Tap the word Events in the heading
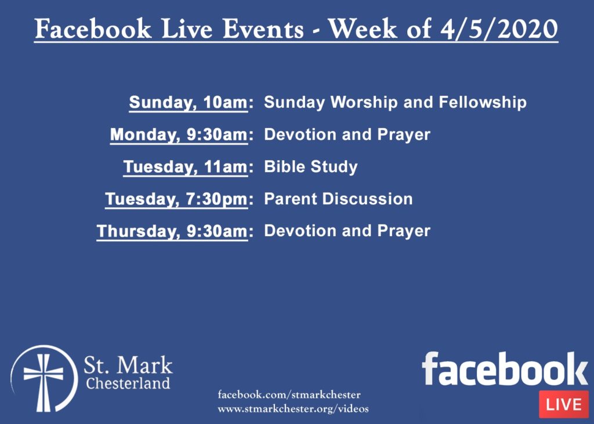click(x=263, y=28)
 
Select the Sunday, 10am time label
click(x=189, y=103)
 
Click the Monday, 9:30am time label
click(x=179, y=135)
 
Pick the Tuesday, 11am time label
click(x=186, y=167)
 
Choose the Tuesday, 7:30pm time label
click(x=176, y=200)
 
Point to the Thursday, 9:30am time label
click(x=172, y=231)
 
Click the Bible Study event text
click(x=311, y=167)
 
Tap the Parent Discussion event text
click(x=338, y=199)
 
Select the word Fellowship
click(x=483, y=103)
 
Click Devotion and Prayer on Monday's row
click(x=347, y=135)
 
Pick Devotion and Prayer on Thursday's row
click(x=347, y=231)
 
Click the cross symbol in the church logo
click(x=44, y=382)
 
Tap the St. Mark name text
click(x=128, y=365)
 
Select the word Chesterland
click(x=128, y=383)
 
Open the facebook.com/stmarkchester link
click(x=289, y=395)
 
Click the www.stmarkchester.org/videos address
click(x=293, y=409)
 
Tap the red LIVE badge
click(x=564, y=404)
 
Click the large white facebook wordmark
click(x=505, y=369)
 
